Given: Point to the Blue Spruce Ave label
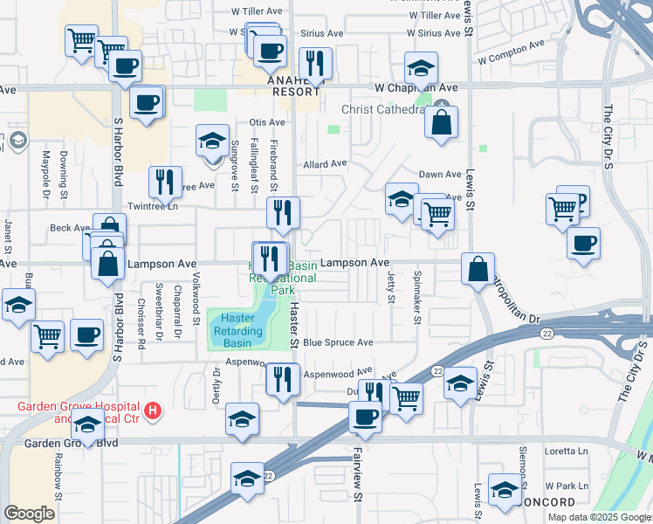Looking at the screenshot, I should coord(338,342).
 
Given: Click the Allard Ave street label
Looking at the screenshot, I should coord(325,163).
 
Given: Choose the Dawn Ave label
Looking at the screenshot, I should coord(440,175).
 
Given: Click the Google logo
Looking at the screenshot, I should coord(29,514).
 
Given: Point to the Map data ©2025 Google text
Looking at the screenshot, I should coord(598,517).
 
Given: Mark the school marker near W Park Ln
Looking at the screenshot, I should coord(505,492).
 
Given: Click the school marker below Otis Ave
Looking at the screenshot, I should coord(212,142).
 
